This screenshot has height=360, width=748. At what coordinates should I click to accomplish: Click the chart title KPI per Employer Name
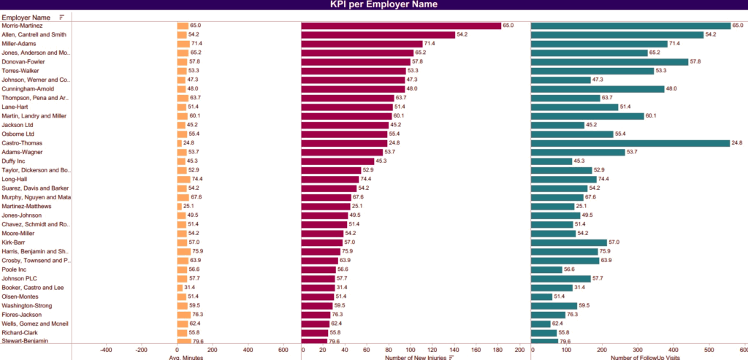(373, 5)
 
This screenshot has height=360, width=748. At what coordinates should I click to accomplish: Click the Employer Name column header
(26, 17)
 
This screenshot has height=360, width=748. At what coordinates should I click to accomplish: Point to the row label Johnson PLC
(19, 278)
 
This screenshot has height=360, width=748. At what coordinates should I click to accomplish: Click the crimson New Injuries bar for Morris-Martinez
(401, 26)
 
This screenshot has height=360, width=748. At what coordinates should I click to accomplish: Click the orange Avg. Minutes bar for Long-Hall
(184, 179)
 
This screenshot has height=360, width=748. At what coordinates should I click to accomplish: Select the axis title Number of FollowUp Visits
(644, 357)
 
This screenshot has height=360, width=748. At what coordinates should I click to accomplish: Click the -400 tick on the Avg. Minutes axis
(106, 350)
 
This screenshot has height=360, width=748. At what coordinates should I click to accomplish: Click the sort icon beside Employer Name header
(61, 17)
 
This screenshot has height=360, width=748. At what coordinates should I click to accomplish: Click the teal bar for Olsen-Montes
(541, 296)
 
